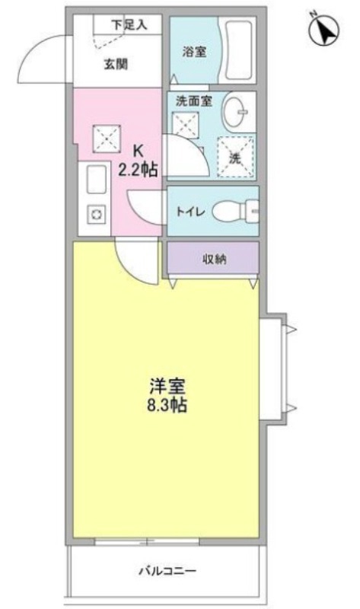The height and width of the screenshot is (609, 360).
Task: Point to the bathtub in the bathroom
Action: [239, 51]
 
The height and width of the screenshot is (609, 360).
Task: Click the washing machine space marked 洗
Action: [235, 156]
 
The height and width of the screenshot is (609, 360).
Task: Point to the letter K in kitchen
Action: [138, 151]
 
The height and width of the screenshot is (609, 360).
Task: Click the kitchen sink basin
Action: [97, 181]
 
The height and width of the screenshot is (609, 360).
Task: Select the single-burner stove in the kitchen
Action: [96, 217]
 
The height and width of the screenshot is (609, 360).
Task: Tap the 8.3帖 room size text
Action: [167, 404]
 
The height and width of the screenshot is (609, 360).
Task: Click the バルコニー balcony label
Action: [167, 569]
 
